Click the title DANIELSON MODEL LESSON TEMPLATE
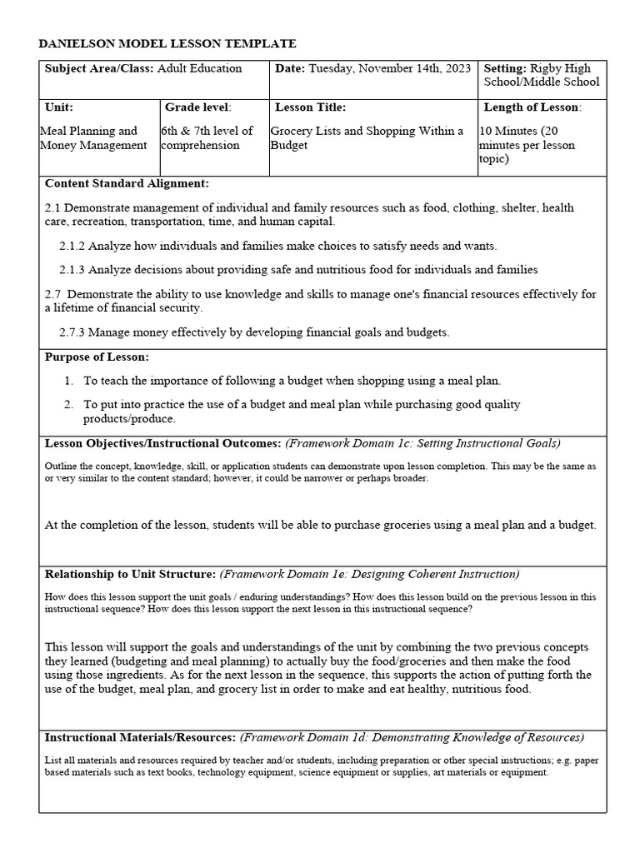[167, 43]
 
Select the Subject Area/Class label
[99, 68]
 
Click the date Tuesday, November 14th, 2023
[389, 68]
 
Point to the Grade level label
[197, 107]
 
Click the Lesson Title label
[310, 107]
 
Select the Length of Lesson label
[532, 107]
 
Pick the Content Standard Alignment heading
[127, 183]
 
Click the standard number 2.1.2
[72, 246]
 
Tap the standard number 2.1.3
[72, 270]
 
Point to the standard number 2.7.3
[72, 332]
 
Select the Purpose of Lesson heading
[97, 357]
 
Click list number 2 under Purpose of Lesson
[69, 404]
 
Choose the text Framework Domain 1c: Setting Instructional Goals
[423, 443]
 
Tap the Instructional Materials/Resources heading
[140, 737]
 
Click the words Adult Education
[200, 68]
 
